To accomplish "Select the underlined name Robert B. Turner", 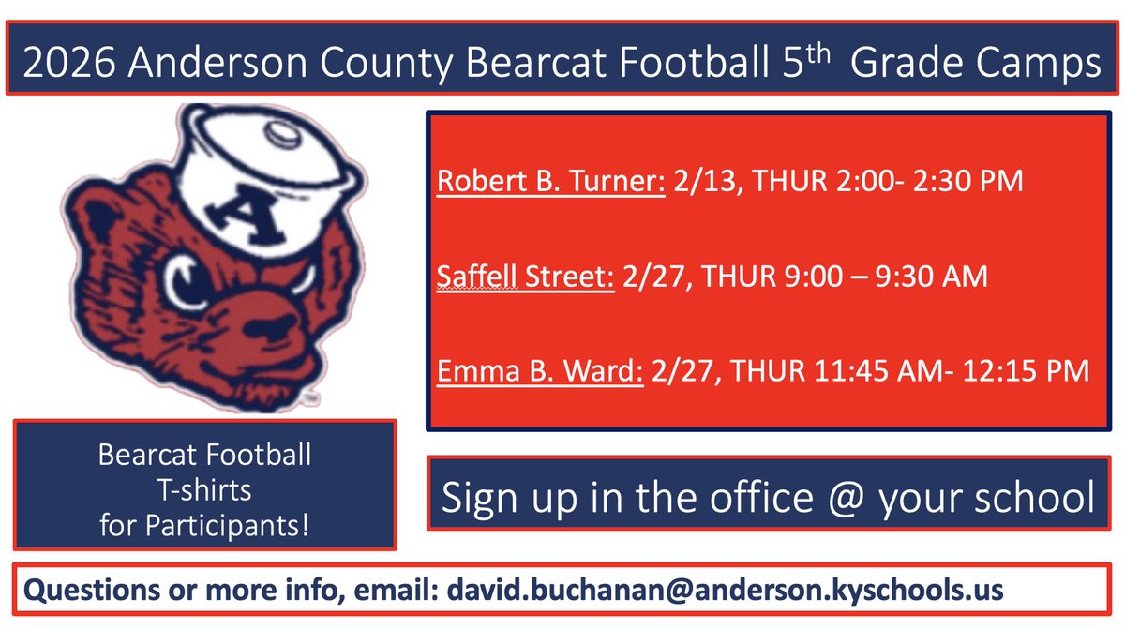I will pos(551,181).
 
